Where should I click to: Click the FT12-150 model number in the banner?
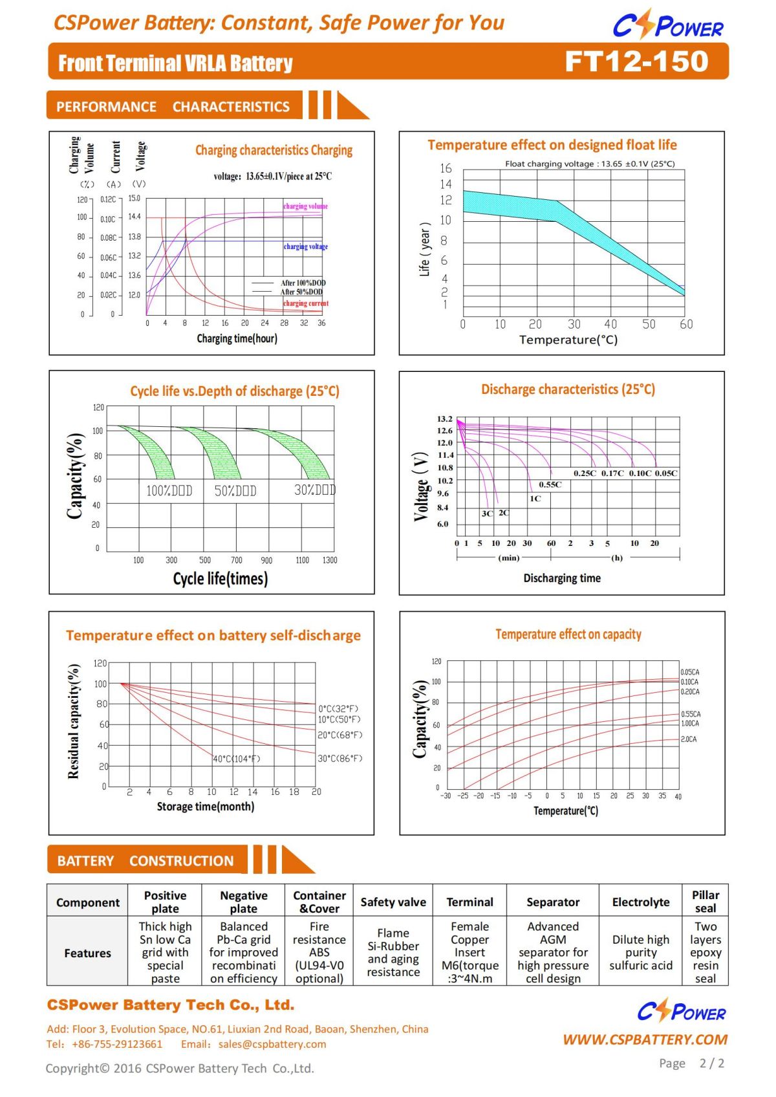tap(636, 61)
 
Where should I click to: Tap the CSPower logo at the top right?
tap(667, 26)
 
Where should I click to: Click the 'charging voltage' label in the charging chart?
tap(305, 246)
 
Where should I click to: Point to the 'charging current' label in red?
tap(305, 303)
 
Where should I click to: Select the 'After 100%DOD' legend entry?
tap(303, 283)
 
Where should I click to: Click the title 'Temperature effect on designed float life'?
tap(552, 145)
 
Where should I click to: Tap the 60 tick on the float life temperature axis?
tap(686, 324)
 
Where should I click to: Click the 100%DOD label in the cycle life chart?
tap(169, 491)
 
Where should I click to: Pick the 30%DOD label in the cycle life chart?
tap(314, 490)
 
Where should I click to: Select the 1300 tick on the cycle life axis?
tap(330, 560)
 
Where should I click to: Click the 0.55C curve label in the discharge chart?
tap(550, 484)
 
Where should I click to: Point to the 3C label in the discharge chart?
tap(487, 514)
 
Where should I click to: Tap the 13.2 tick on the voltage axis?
tap(444, 419)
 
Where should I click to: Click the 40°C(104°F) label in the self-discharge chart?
tap(237, 759)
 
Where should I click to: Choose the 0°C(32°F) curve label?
tap(338, 709)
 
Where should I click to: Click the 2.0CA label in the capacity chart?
tap(689, 739)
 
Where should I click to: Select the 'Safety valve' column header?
tap(393, 902)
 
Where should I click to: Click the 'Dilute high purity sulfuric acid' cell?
tap(640, 952)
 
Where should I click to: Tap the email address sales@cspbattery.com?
tap(272, 1044)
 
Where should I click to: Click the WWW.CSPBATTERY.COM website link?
tap(645, 1039)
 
